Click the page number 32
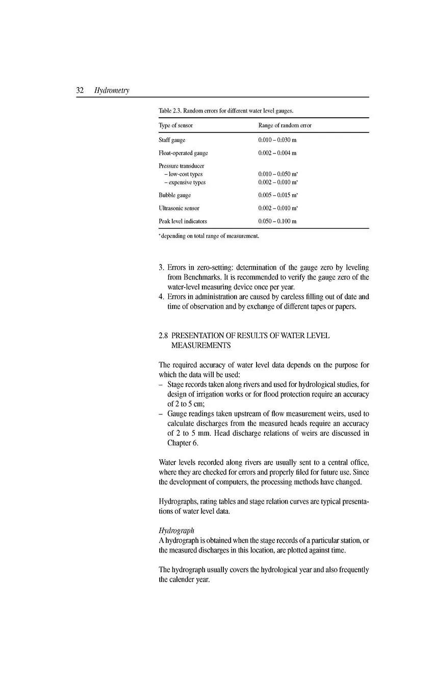(x=80, y=91)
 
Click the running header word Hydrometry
(x=112, y=91)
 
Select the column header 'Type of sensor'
(x=175, y=125)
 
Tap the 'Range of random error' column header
(x=285, y=125)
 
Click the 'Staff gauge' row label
(x=172, y=140)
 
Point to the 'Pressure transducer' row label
(x=181, y=166)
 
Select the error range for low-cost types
(x=278, y=174)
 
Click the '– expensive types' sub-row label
(x=184, y=182)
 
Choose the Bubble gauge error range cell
(x=278, y=195)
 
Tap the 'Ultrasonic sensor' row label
(x=179, y=208)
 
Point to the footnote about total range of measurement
(x=209, y=236)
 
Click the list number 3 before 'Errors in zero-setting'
(x=161, y=268)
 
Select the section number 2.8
(x=163, y=336)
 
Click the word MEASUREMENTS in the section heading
(x=200, y=346)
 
